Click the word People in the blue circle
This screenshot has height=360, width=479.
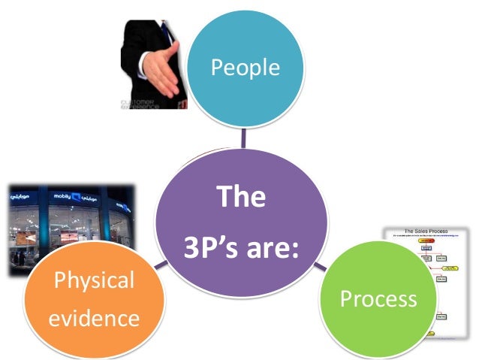[245, 68]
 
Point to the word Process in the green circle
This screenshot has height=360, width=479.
[378, 298]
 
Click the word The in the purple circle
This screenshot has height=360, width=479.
[241, 197]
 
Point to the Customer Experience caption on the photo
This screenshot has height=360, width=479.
[138, 103]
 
